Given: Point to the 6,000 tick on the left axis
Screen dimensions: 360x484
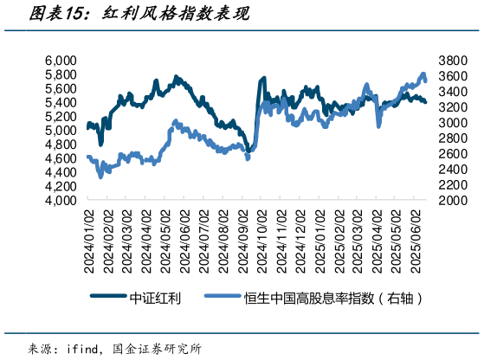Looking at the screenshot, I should pyautogui.click(x=61, y=61).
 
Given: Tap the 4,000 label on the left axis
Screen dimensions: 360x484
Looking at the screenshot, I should pyautogui.click(x=61, y=200).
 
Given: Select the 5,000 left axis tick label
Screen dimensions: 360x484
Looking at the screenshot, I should pyautogui.click(x=61, y=131).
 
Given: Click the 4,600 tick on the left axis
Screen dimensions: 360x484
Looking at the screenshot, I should pyautogui.click(x=61, y=158).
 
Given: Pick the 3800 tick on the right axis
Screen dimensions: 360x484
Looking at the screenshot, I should pyautogui.click(x=454, y=61).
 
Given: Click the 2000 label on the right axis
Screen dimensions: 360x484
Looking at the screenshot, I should pyautogui.click(x=454, y=200).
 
